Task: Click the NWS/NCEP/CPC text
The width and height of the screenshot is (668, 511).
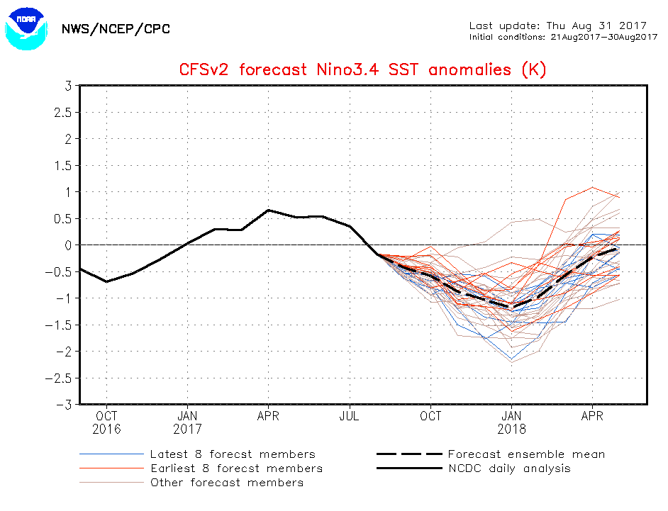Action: point(116,29)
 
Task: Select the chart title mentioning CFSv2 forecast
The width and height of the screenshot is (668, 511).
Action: point(362,69)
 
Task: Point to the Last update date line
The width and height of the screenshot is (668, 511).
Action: point(557,26)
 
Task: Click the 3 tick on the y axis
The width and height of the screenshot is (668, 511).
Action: point(68,86)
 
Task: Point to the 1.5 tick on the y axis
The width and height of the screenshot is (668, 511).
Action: point(63,165)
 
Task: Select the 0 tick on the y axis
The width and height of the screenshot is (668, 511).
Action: point(68,245)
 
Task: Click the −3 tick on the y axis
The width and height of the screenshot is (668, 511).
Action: point(64,405)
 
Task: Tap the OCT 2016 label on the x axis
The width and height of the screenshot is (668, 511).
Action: point(106,422)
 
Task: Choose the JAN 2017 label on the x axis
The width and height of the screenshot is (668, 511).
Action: point(187,422)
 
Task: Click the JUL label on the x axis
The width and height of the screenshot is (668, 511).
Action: point(350,417)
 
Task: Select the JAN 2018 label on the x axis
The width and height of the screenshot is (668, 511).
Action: point(512,422)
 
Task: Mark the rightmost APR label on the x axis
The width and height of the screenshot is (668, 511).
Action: point(592,417)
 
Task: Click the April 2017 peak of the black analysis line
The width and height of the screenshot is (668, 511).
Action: point(268,210)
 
